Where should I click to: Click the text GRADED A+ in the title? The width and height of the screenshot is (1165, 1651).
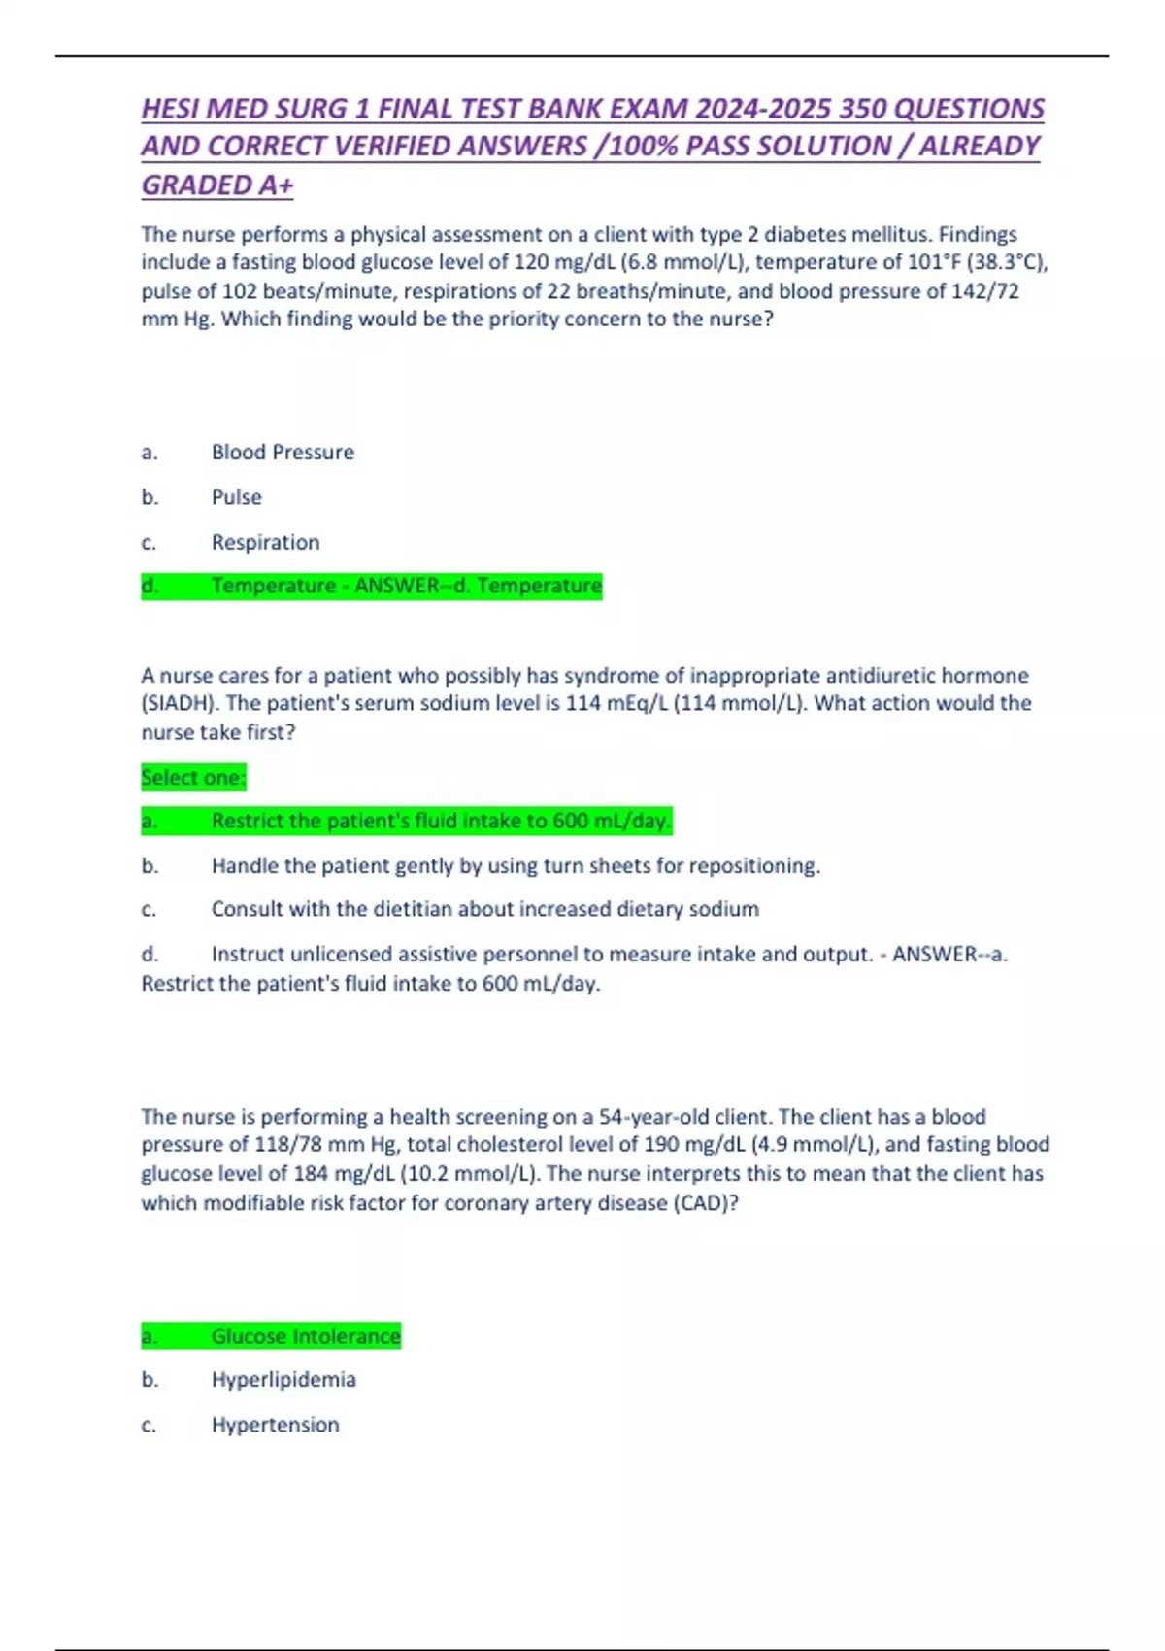click(216, 185)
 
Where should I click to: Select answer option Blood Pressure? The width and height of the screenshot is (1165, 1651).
click(283, 453)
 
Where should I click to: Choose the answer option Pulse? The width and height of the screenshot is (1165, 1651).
click(237, 497)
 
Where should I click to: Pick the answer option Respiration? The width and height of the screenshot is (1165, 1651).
click(265, 542)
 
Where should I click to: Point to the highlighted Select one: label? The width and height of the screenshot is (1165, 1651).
click(193, 777)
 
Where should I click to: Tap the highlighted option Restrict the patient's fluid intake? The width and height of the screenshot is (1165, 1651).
click(441, 822)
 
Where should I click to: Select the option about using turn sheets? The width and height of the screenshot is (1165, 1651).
click(516, 865)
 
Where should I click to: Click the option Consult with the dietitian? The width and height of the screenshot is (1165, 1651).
click(484, 909)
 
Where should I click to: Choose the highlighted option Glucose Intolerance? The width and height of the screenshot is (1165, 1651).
click(306, 1336)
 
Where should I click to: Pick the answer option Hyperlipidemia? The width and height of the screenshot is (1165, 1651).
click(283, 1380)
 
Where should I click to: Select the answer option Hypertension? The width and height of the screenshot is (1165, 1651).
click(276, 1425)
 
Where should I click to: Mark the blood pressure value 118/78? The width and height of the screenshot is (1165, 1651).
click(296, 1145)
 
